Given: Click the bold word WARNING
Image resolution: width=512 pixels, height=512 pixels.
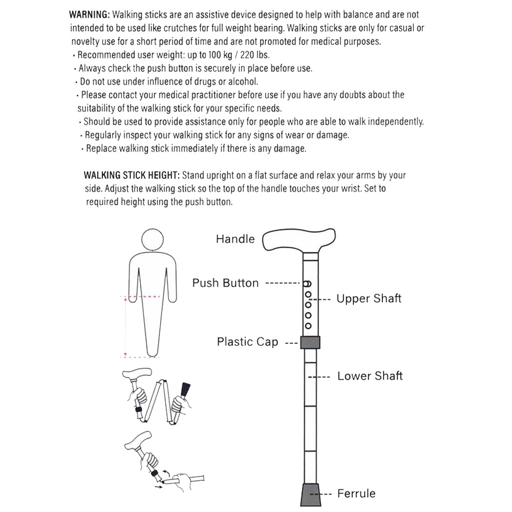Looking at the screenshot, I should point(89,15).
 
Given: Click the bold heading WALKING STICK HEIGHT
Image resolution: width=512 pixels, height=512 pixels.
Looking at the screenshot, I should point(132,175).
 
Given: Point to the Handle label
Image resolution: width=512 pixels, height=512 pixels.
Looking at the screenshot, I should point(235,239).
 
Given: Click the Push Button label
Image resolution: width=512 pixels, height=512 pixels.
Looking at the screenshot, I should point(225,283).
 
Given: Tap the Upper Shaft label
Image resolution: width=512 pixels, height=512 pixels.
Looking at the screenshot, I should point(369,298).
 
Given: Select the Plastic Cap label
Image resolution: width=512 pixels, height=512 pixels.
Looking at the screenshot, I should point(247,342).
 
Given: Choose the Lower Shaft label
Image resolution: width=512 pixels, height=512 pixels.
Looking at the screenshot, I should point(370,376).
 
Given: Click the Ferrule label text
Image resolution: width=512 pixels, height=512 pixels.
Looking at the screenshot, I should point(356,494).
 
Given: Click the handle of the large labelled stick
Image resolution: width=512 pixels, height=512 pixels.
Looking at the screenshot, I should point(297,240).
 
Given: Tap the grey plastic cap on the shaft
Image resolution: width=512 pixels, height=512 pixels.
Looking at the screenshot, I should point(310,342).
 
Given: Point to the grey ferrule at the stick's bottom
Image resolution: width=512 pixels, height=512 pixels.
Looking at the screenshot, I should point(310,495).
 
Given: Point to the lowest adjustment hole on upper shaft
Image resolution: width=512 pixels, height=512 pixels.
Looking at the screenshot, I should point(308,326).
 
